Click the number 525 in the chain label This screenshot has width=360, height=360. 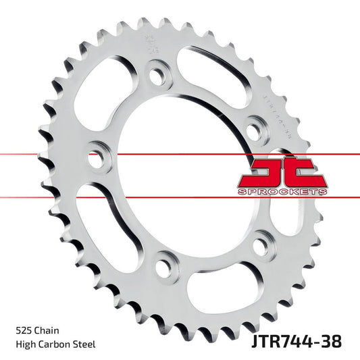(22, 331)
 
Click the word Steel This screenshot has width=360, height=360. (86, 344)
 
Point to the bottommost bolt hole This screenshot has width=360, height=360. (163, 265)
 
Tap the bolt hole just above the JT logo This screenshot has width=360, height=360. (254, 125)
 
